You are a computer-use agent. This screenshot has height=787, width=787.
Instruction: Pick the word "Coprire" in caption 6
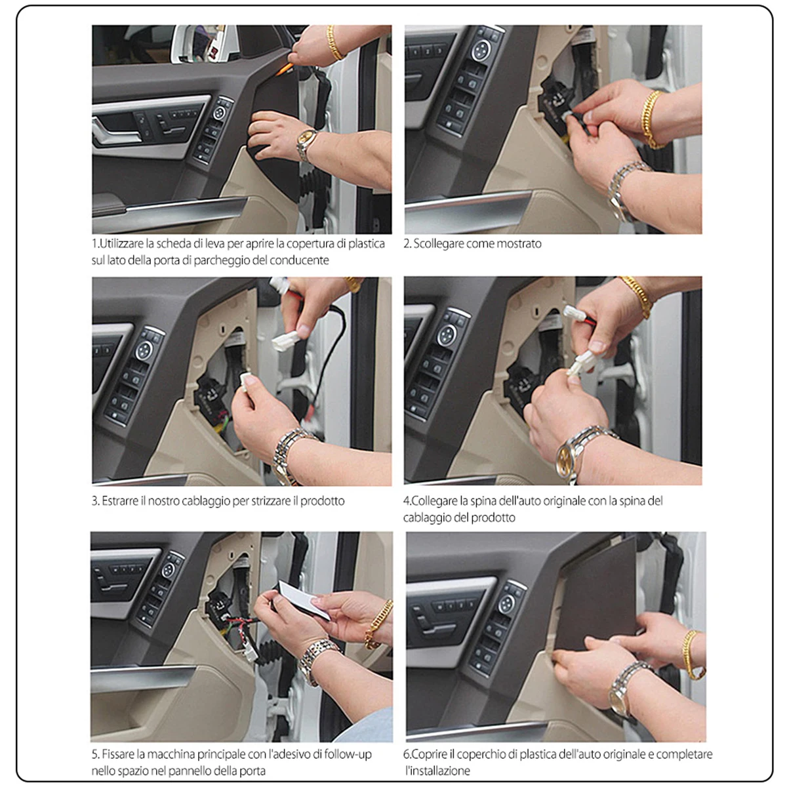[x=432, y=754]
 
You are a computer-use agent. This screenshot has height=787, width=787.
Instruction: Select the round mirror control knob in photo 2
[x=481, y=50]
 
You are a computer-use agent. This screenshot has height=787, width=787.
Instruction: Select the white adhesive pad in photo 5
[x=304, y=598]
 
